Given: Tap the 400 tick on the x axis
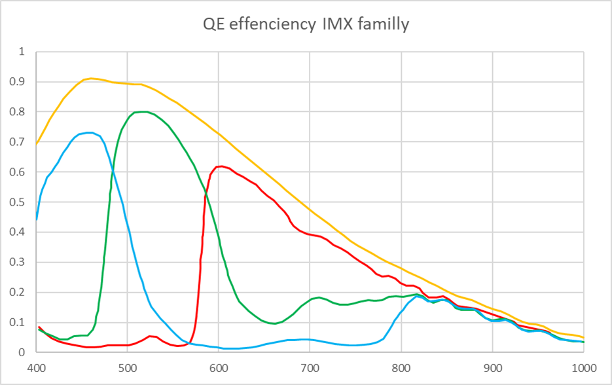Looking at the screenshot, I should click(36, 367).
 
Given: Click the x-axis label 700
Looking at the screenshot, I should click(310, 367).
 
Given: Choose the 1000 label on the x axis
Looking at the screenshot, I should click(583, 367).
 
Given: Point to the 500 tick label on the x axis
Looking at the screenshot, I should click(127, 367).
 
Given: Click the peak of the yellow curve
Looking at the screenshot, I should click(91, 79).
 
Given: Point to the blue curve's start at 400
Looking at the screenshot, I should click(36, 220).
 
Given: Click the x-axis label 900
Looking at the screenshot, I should click(492, 367).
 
